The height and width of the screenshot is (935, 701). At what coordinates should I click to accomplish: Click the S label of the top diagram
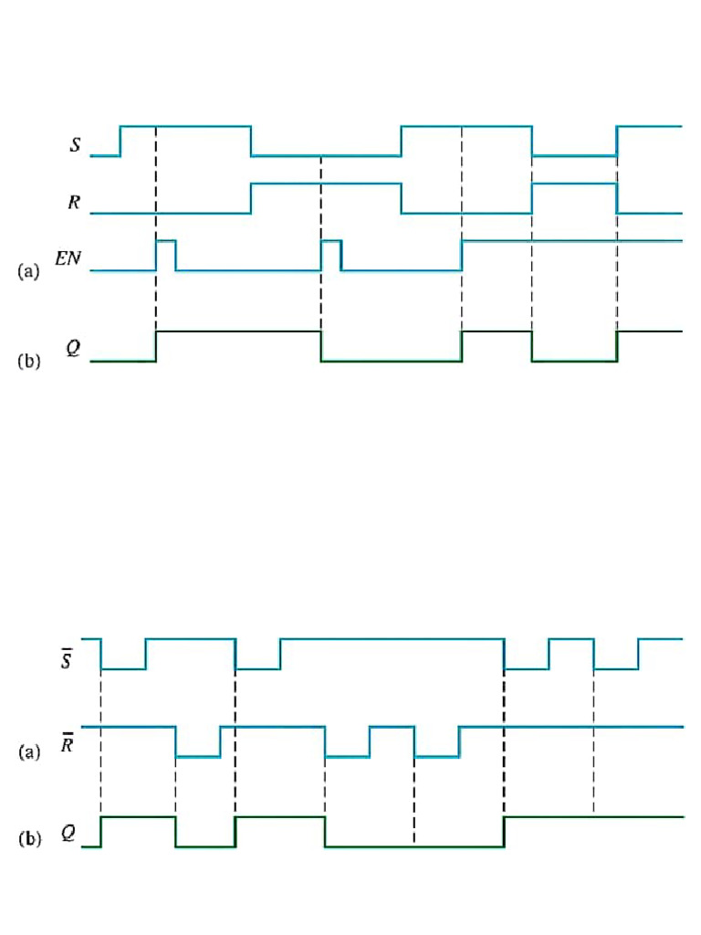74,144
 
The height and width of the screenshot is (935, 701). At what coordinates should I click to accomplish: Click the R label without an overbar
74,202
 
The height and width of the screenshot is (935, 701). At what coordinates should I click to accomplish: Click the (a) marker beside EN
29,271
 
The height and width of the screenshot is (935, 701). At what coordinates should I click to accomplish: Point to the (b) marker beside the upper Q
29,361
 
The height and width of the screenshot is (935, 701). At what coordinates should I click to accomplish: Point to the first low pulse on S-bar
123,662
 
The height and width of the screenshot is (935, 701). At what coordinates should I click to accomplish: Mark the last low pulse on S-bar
616,662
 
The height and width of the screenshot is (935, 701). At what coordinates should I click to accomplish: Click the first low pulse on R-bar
198,749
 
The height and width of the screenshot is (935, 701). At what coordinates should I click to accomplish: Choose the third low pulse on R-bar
436,749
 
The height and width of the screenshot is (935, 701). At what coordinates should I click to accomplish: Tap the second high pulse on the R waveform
574,195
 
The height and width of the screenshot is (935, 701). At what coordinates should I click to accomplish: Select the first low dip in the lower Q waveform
205,840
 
